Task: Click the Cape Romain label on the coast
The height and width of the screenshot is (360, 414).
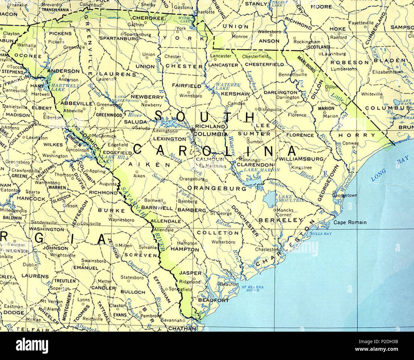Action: point(350,222)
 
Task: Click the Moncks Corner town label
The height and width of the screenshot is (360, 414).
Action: point(285,212)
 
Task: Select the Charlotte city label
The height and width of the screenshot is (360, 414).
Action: point(204,12)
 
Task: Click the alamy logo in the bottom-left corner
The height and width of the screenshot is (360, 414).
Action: point(32,345)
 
